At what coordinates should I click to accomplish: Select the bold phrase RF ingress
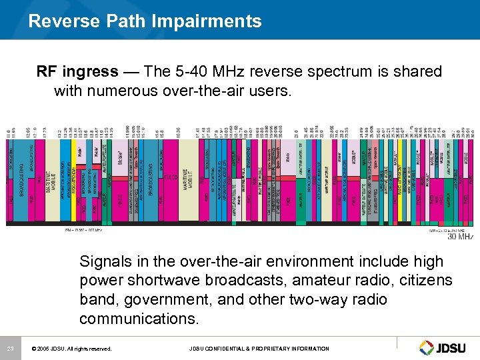77,71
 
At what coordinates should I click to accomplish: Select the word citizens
421,281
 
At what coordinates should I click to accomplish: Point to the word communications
139,319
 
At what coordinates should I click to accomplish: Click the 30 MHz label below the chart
460,235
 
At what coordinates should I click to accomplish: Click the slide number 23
10,348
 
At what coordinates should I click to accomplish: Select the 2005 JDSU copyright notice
71,349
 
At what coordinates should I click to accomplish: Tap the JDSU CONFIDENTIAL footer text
259,349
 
